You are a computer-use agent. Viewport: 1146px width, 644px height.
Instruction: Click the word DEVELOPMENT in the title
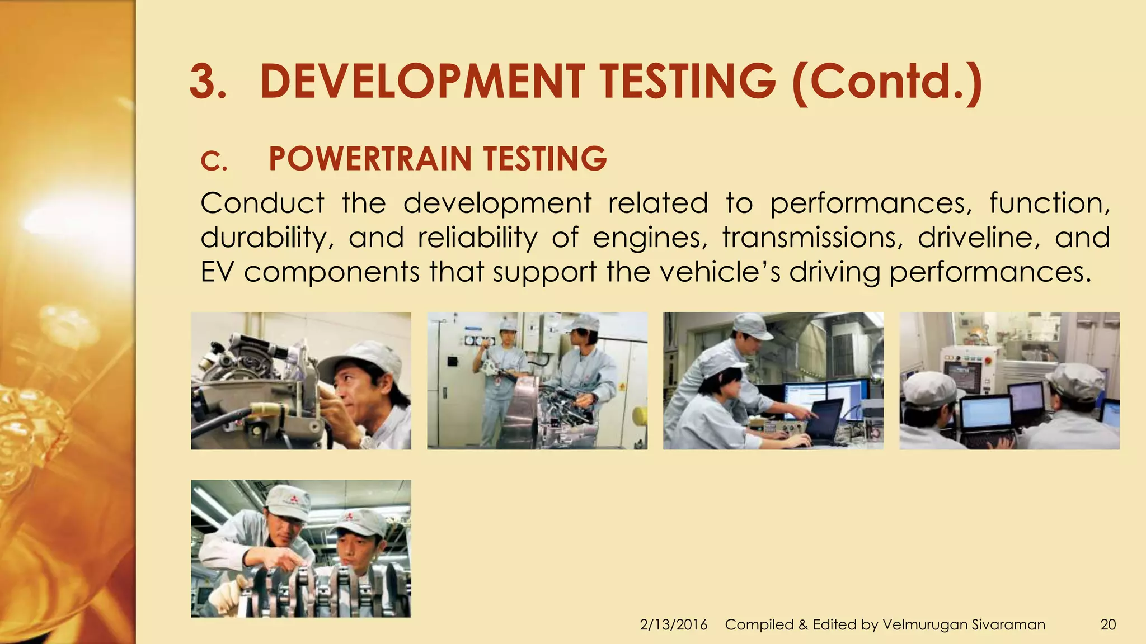pos(422,82)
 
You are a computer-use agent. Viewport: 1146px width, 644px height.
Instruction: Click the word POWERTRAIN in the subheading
pos(370,159)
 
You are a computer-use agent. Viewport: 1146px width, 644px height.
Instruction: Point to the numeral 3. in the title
pos(208,82)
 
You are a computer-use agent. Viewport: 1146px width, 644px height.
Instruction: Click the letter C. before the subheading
pos(214,162)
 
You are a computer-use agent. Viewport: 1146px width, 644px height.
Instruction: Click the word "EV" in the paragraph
pos(217,272)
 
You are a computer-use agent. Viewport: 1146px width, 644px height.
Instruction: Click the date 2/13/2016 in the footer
pos(673,624)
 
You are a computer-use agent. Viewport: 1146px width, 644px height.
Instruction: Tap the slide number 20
pos(1108,624)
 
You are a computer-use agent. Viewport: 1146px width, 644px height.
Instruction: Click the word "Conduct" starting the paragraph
pos(262,203)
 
